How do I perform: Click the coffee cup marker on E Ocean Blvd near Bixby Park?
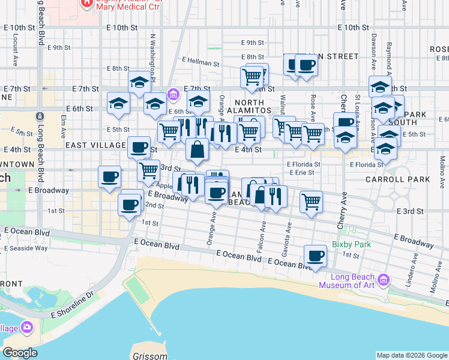click(315, 256)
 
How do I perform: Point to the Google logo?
click(20, 352)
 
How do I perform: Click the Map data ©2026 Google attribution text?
click(412, 355)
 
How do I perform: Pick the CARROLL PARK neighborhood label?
click(400, 179)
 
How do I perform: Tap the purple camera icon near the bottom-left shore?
click(27, 327)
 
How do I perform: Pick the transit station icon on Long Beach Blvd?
click(40, 116)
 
